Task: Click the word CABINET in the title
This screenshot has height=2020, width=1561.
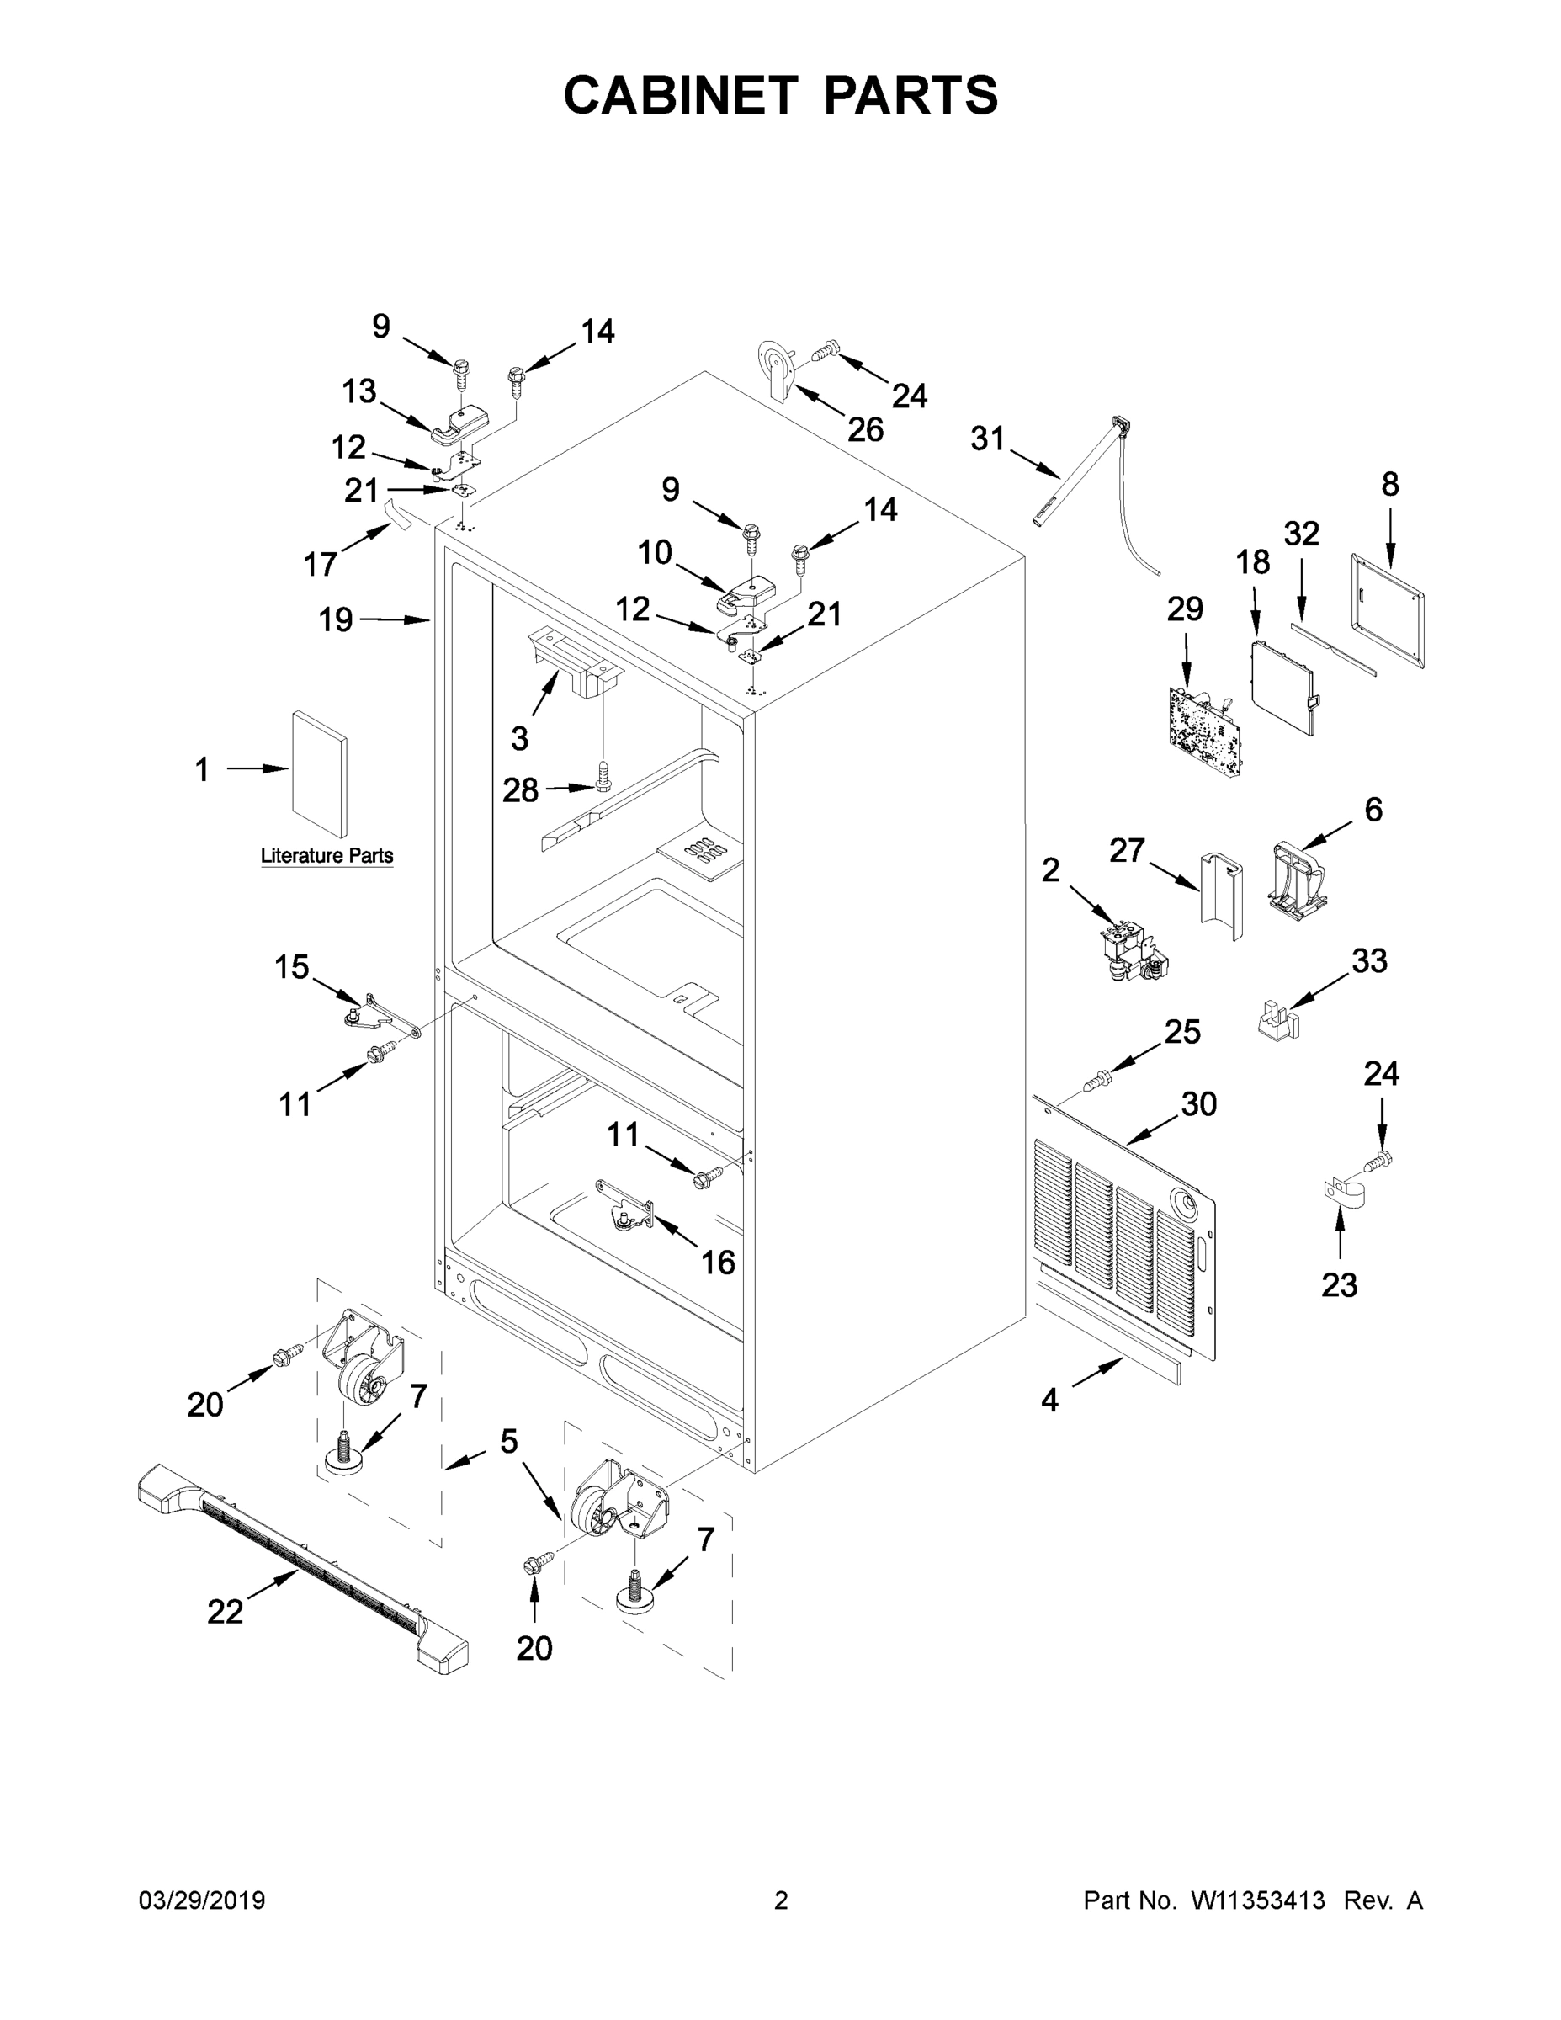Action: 680,95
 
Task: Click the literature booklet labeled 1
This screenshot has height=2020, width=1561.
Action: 320,774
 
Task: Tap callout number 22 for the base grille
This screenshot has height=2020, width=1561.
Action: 225,1611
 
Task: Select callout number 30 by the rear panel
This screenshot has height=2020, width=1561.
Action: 1198,1103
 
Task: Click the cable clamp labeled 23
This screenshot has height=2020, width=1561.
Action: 1335,1194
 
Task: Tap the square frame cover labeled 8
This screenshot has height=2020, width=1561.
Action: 1387,609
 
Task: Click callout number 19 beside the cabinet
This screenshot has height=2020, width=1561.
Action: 336,619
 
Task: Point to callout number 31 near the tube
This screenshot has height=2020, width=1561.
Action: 987,439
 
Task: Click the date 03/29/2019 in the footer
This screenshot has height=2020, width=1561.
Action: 202,1900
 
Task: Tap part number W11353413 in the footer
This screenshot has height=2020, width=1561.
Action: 1258,1900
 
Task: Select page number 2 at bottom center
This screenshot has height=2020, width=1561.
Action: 781,1900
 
